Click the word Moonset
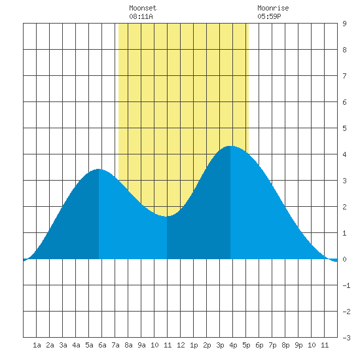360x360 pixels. coord(143,8)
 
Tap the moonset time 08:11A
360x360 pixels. coord(141,16)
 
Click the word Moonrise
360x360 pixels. coord(273,8)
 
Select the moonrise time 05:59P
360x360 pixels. coord(269,16)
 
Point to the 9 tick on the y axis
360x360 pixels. coord(344,24)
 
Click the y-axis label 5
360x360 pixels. coord(344,128)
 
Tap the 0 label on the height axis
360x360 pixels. coord(344,259)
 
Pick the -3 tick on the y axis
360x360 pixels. coord(346,338)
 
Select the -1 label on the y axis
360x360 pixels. coord(346,285)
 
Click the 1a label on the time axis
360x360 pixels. coord(37,345)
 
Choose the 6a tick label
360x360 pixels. coord(102,345)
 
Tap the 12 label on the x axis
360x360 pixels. coord(181,345)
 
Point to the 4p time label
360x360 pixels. coord(233,345)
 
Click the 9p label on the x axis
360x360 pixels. coord(298,345)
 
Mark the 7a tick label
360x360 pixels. coord(115,345)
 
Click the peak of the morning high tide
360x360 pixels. coord(98,170)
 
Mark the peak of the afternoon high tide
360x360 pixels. coord(230,146)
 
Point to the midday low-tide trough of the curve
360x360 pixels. coord(167,216)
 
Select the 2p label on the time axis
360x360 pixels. coord(207,345)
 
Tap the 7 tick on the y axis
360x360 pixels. coord(344,76)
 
